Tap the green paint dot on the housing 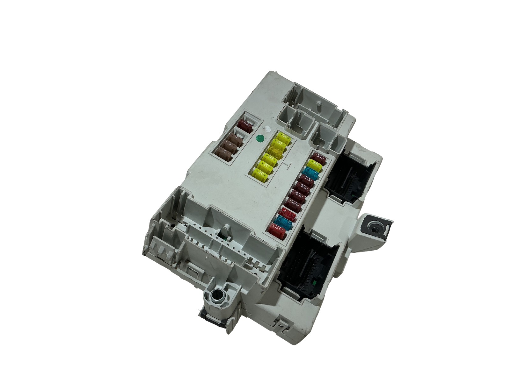(x=260, y=138)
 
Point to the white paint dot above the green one (x=266, y=130)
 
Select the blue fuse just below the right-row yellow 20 (x=309, y=173)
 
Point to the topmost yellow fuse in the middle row (x=282, y=137)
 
